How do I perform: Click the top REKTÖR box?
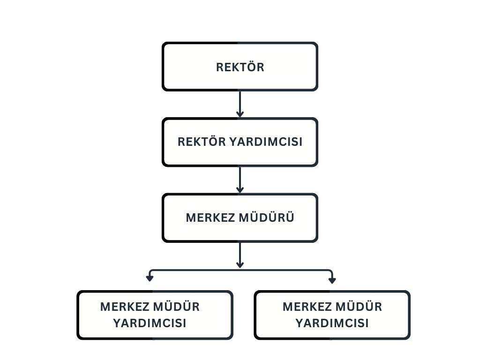(x=240, y=67)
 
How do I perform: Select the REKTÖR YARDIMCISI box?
(x=240, y=142)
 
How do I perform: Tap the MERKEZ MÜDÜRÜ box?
(x=240, y=217)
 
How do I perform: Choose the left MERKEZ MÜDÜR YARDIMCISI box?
(x=155, y=315)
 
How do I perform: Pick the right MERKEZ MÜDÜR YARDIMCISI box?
(x=332, y=315)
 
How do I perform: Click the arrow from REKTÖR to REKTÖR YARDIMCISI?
(x=240, y=104)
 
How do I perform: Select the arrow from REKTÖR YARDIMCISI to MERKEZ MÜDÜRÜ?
(x=240, y=180)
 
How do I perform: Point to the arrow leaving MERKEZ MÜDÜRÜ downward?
(x=240, y=255)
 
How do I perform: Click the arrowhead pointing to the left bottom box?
(x=150, y=278)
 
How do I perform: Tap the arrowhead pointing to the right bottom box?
(x=332, y=280)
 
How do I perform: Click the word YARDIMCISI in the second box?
(x=266, y=142)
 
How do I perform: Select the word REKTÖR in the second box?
(x=202, y=142)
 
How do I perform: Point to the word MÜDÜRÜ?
(x=266, y=217)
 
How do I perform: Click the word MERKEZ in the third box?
(x=210, y=217)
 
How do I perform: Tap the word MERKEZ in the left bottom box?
(x=125, y=307)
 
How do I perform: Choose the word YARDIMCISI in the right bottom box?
(x=332, y=323)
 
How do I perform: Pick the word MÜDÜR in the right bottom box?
(x=359, y=307)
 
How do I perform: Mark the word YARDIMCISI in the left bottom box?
(x=150, y=323)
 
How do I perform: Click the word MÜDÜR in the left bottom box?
(x=176, y=307)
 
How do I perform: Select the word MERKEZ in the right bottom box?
(x=307, y=307)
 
